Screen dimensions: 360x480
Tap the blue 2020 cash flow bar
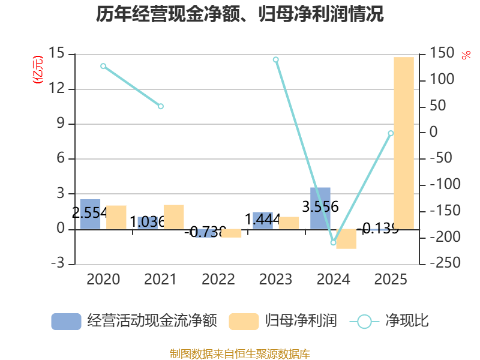click(90, 214)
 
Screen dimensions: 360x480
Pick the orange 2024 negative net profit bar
click(346, 239)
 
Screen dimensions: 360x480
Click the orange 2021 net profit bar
click(173, 217)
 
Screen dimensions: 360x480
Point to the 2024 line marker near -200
click(333, 242)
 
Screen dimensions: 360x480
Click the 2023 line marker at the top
click(276, 59)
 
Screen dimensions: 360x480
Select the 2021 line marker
click(161, 106)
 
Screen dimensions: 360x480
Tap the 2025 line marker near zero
click(391, 133)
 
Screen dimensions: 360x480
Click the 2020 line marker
click(103, 66)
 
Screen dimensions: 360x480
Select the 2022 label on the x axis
click(218, 279)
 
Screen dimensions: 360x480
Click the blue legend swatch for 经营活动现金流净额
click(66, 322)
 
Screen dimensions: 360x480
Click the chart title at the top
click(240, 14)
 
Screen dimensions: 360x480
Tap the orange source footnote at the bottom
click(240, 354)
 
